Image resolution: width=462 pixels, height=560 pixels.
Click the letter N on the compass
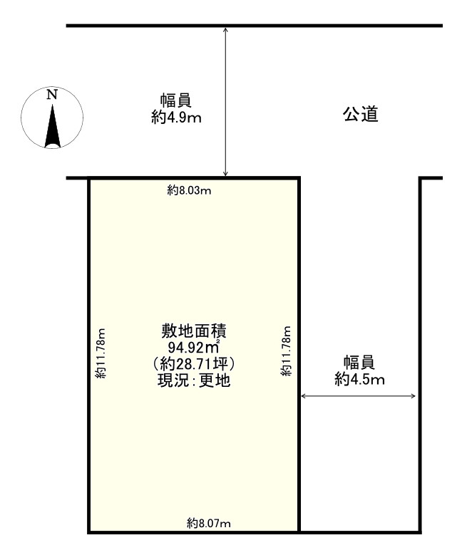[51, 94]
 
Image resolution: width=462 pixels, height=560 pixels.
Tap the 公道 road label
[359, 114]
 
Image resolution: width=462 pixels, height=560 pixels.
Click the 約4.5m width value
[359, 380]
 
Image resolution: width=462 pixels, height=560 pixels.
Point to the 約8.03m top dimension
[190, 190]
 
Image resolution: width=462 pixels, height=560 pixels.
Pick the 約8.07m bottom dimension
[209, 524]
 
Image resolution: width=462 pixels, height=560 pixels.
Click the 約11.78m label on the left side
[101, 353]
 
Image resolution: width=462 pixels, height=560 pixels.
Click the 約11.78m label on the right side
[286, 351]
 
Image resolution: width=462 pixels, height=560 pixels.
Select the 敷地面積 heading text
[193, 331]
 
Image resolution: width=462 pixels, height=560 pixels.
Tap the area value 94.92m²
[193, 348]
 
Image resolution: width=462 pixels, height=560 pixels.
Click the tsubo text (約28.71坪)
[193, 364]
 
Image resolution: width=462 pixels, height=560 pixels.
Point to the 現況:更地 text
[193, 380]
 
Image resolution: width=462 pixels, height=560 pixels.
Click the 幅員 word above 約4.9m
[176, 101]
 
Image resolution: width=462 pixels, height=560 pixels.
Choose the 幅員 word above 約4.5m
[359, 363]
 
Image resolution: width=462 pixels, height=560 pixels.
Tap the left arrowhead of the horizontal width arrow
[304, 396]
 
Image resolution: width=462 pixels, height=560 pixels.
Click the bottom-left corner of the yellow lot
[89, 531]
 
